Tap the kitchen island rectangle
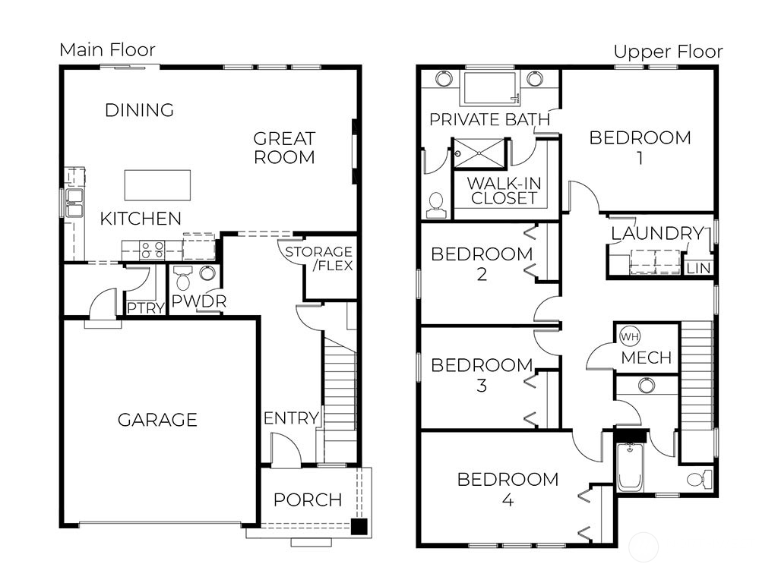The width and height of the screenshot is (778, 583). (157, 184)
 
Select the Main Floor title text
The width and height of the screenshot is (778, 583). (107, 50)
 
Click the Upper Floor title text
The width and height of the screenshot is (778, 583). (668, 52)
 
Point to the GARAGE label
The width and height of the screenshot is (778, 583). (157, 420)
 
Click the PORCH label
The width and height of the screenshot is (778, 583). (308, 500)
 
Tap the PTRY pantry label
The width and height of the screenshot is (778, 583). (141, 308)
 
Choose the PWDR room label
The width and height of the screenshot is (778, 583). (198, 301)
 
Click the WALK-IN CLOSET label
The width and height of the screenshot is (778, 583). (504, 191)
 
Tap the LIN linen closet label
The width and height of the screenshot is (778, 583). (697, 269)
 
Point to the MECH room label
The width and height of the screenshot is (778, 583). (647, 358)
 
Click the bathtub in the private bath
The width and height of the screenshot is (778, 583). (491, 88)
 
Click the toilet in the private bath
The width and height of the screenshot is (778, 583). (436, 203)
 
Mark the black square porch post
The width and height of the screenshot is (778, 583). (359, 526)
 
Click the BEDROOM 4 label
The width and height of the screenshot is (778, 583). (508, 490)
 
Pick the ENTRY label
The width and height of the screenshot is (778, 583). (291, 418)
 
